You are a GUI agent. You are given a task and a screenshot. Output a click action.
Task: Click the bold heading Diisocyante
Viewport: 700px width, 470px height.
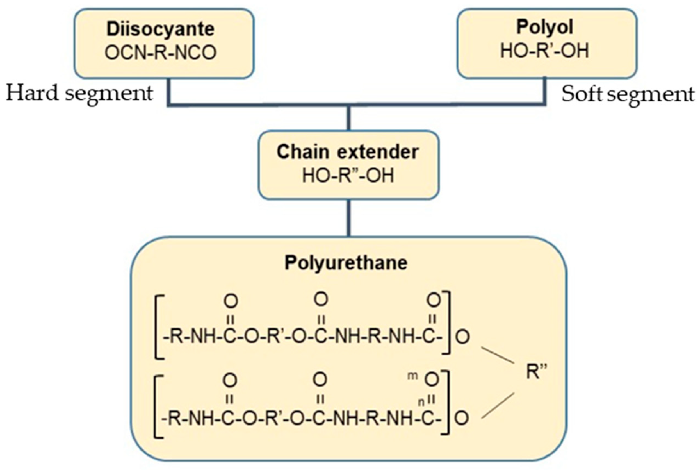tap(161, 29)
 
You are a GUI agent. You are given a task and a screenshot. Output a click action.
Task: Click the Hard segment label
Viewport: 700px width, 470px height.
tap(79, 93)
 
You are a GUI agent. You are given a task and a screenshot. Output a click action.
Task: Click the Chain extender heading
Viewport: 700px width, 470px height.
tap(348, 152)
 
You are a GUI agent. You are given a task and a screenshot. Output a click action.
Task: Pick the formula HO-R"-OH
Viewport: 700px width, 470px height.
tap(348, 176)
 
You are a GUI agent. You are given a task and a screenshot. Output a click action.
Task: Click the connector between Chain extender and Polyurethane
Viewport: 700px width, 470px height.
tap(348, 218)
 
